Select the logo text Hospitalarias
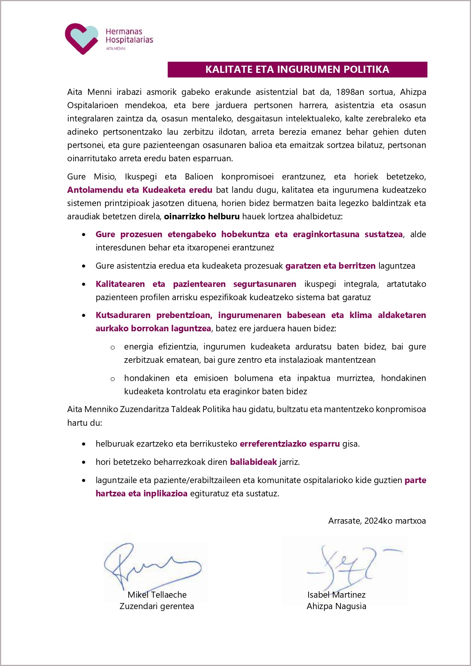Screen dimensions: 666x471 click(x=129, y=40)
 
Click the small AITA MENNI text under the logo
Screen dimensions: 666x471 click(x=115, y=49)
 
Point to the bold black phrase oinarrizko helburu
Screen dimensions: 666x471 click(x=202, y=217)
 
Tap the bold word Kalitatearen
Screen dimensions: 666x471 click(x=120, y=284)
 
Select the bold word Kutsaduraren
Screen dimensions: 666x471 click(x=123, y=315)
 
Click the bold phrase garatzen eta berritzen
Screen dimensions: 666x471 click(x=330, y=266)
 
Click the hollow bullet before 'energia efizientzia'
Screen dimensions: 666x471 click(x=113, y=347)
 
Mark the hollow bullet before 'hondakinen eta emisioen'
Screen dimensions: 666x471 click(x=113, y=379)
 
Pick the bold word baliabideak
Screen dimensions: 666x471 click(x=253, y=462)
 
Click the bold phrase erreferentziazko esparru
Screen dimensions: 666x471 click(x=290, y=444)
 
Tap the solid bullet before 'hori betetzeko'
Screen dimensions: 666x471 click(x=84, y=463)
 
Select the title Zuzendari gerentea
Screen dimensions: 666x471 click(x=156, y=606)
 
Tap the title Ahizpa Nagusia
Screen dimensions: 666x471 click(x=336, y=606)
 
